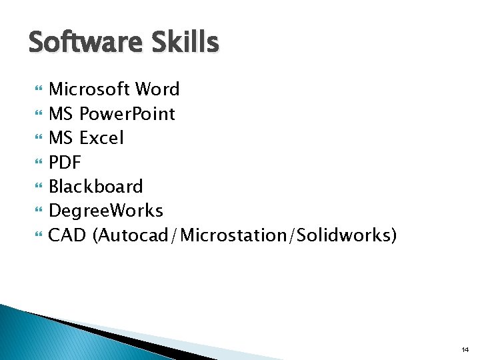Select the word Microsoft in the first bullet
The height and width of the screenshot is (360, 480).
click(x=89, y=89)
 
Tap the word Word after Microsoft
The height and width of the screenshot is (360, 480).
click(x=157, y=89)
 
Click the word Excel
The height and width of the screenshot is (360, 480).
click(x=102, y=138)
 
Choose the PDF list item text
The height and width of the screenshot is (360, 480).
click(x=65, y=162)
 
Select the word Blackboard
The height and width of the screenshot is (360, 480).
click(x=96, y=187)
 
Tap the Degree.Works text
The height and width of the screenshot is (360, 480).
click(x=106, y=211)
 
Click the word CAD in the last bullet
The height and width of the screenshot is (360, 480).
click(x=68, y=235)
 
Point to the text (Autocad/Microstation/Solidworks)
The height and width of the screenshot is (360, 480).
click(x=245, y=235)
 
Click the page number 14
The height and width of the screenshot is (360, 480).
click(x=464, y=349)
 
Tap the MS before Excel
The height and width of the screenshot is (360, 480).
click(x=62, y=138)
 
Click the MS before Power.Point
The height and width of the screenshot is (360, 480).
click(x=62, y=114)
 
